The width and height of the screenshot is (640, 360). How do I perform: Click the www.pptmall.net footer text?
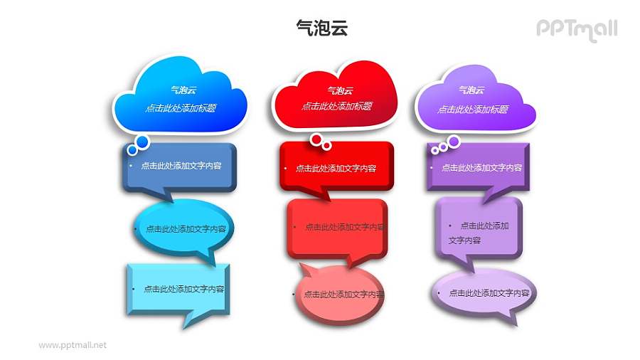point(73,345)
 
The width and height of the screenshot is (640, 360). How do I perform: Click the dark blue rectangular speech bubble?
point(178,166)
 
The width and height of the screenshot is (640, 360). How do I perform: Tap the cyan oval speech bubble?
point(183,229)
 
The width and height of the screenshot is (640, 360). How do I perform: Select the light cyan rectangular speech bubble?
point(178,289)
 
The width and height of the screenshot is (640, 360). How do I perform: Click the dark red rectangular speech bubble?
point(336,168)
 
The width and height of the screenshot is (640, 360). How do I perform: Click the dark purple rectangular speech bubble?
point(478,167)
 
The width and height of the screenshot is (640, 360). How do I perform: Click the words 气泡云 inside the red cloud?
point(336,90)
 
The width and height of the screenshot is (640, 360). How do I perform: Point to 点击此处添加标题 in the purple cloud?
point(472,110)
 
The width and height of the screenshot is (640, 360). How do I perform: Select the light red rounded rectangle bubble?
point(336,227)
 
